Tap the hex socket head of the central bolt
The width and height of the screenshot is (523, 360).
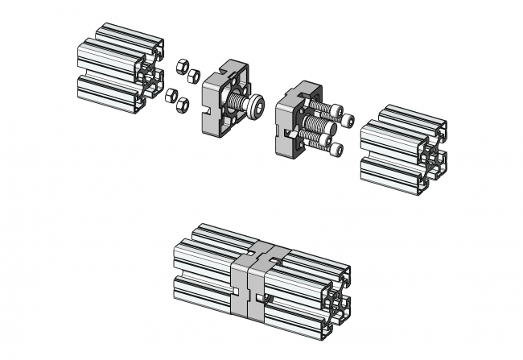pyautogui.click(x=256, y=106)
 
